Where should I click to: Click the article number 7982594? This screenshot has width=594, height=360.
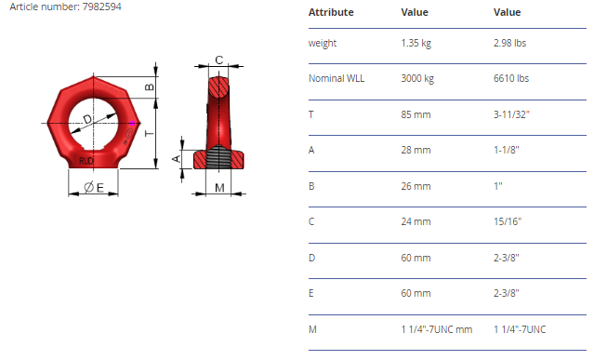(x=102, y=7)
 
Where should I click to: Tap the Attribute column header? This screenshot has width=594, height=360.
(x=331, y=12)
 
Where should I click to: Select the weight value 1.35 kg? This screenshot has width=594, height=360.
(x=416, y=43)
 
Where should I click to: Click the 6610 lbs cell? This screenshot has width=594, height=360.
(x=511, y=78)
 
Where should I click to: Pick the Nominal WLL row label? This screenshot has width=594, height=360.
(x=337, y=78)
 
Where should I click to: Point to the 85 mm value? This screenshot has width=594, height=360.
(x=416, y=114)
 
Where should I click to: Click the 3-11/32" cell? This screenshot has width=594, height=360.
(x=511, y=114)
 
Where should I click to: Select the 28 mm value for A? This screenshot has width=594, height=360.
(x=416, y=150)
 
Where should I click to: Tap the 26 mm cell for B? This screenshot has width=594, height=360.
(x=416, y=186)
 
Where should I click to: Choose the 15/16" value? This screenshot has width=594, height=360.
(x=508, y=221)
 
